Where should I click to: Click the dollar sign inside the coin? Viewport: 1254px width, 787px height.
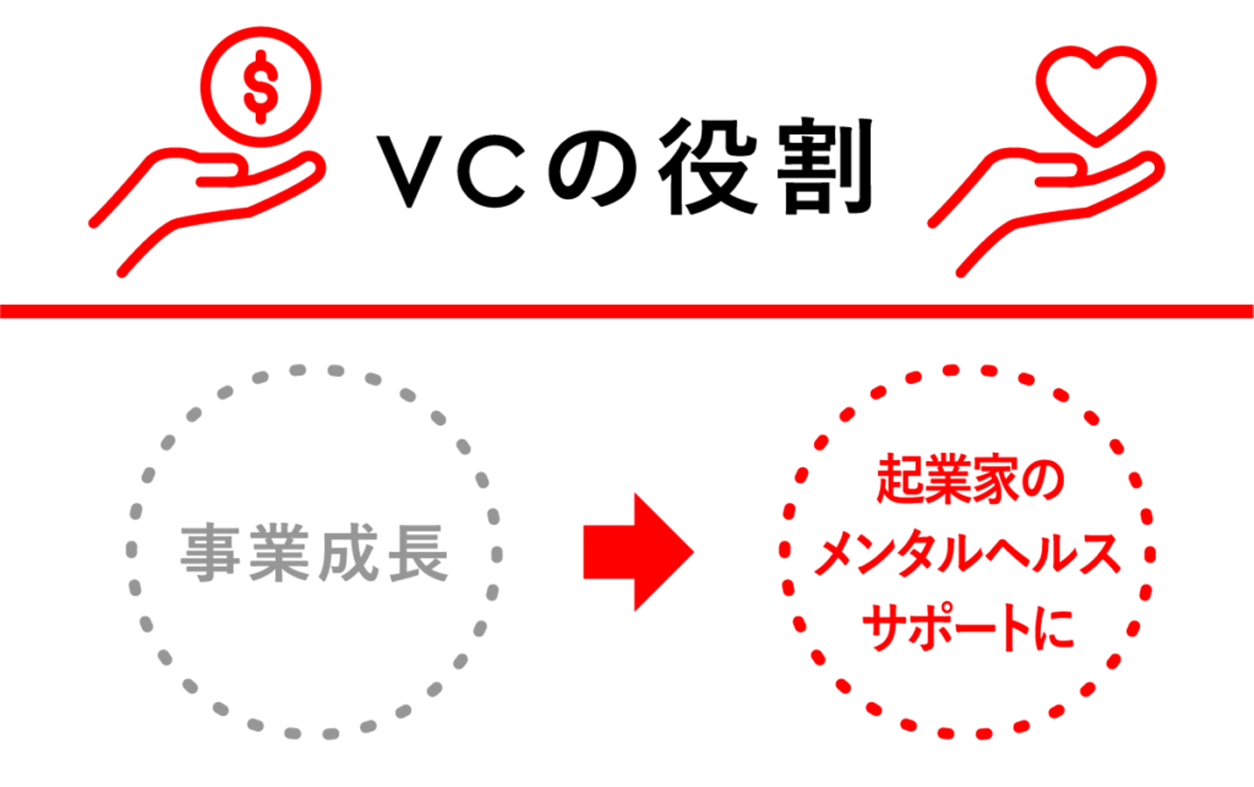coord(260,88)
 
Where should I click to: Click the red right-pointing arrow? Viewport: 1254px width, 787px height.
coord(638,552)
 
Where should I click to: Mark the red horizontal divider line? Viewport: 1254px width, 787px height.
coord(627,311)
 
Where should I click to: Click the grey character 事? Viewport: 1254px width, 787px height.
coord(210,554)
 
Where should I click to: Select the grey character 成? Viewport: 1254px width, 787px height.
coord(347,554)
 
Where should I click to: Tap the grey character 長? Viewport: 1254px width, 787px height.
coord(417,554)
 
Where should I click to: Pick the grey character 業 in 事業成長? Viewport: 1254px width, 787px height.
coord(279,554)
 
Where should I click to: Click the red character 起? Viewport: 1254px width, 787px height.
coord(902,479)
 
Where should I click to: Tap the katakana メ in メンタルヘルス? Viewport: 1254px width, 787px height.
coord(834,555)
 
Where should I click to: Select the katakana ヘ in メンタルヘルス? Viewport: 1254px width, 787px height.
coord(1010,555)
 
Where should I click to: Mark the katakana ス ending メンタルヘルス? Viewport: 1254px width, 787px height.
coord(1099,555)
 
